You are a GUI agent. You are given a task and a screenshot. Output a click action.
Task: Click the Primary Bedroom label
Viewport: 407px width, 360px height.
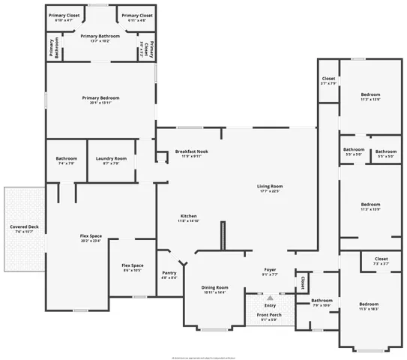[x=100, y=98]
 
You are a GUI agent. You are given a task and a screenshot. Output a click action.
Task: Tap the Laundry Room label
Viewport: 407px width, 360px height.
[x=110, y=158]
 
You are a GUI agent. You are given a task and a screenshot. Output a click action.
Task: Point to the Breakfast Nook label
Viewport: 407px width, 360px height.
[x=192, y=151]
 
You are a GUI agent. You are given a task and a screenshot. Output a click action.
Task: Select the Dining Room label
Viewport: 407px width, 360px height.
[x=215, y=287]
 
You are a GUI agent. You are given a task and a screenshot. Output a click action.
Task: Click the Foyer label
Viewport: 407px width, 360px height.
[x=271, y=269]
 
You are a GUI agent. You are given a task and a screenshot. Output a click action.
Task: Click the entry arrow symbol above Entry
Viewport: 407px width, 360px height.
[x=270, y=298]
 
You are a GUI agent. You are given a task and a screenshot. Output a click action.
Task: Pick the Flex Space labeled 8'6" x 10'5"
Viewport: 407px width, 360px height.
[x=132, y=265]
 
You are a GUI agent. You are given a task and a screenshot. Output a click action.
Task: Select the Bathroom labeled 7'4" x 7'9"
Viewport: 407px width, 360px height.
[x=66, y=158]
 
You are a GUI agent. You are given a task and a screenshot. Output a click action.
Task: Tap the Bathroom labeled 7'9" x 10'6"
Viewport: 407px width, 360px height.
[x=322, y=301]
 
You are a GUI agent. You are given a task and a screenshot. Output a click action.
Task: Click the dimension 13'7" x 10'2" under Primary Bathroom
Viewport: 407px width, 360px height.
[x=100, y=40]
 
